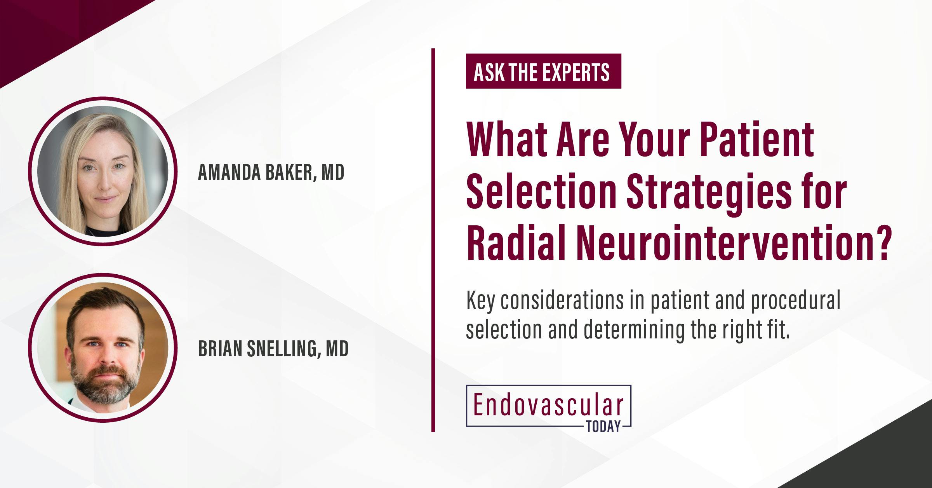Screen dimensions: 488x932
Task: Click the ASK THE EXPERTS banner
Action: pos(543,71)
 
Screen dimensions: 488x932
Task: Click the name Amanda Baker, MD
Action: pos(271,173)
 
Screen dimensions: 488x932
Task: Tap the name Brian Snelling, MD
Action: pos(273,349)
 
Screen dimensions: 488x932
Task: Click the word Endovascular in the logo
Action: pos(548,406)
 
